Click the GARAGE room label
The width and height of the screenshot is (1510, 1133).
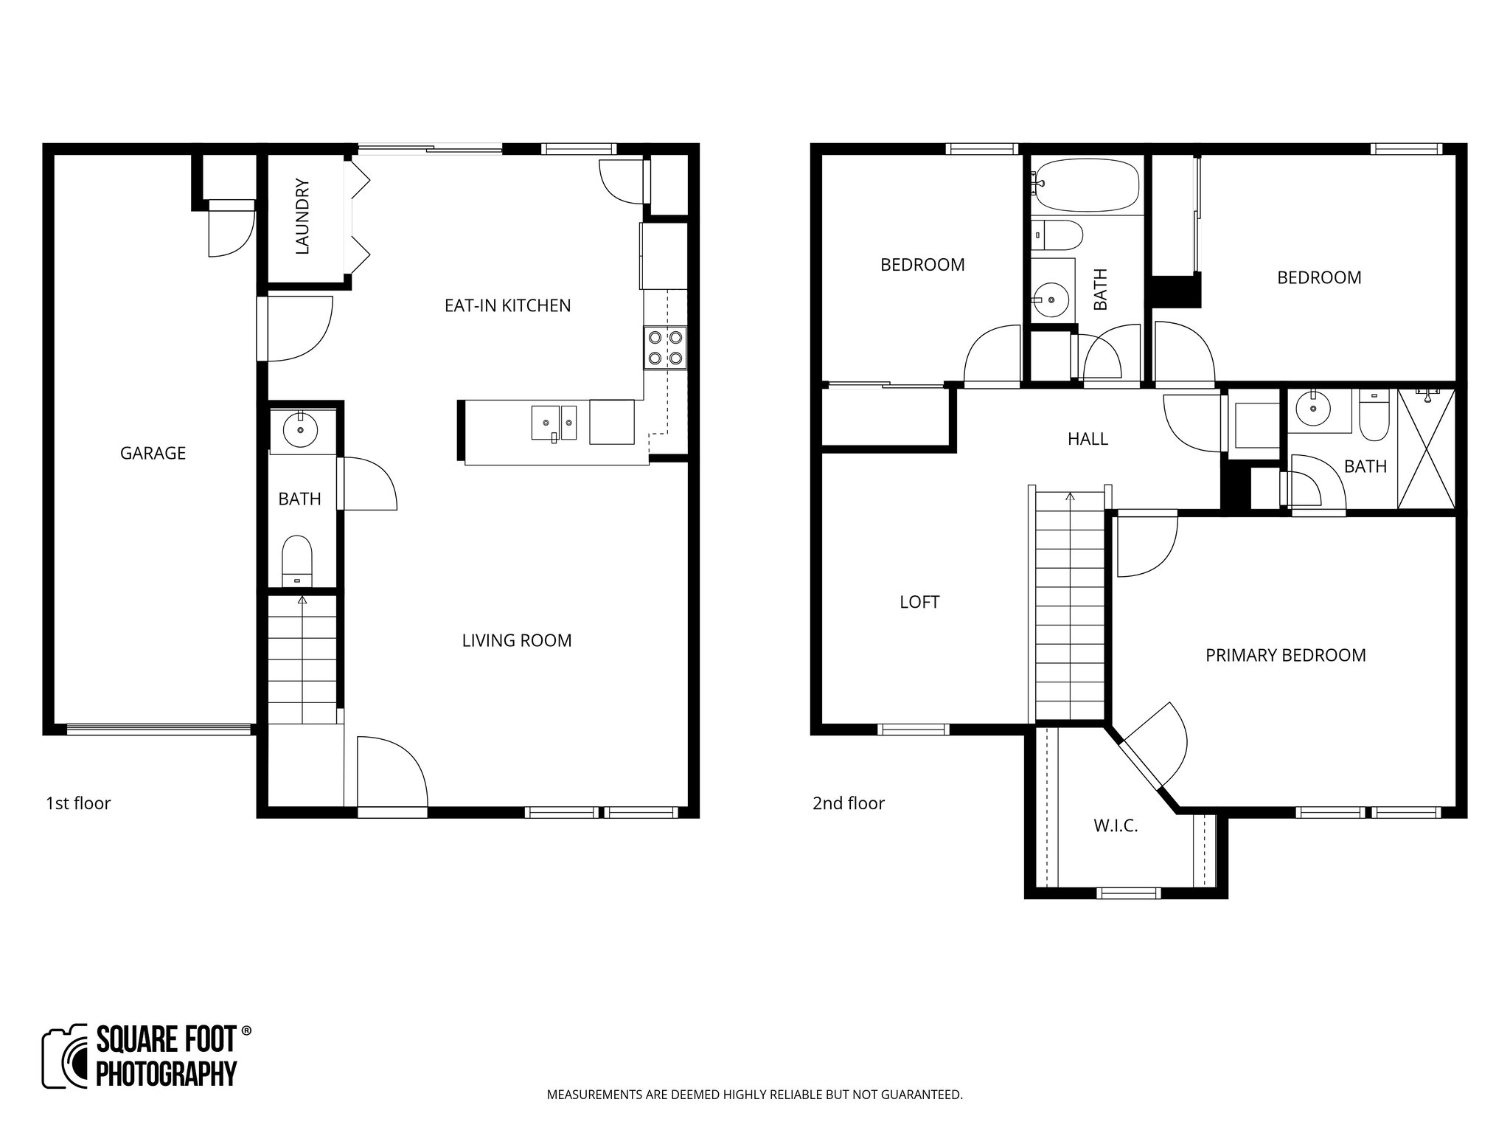pyautogui.click(x=153, y=453)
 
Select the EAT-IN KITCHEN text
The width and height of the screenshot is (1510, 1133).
pyautogui.click(x=507, y=305)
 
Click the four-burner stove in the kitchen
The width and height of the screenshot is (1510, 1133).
pyautogui.click(x=665, y=348)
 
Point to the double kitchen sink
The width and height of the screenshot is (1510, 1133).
pyautogui.click(x=554, y=423)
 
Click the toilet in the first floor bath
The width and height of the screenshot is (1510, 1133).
pyautogui.click(x=298, y=561)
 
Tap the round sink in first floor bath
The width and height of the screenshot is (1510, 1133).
pyautogui.click(x=300, y=429)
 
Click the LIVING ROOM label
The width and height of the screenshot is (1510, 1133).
pyautogui.click(x=516, y=640)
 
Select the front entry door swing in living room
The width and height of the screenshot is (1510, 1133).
pyautogui.click(x=391, y=771)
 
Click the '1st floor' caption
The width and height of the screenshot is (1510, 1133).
pyautogui.click(x=78, y=803)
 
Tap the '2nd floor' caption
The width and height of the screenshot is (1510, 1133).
pyautogui.click(x=848, y=803)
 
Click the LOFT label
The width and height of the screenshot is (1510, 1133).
pyautogui.click(x=919, y=602)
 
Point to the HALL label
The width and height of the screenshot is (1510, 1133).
pyautogui.click(x=1088, y=439)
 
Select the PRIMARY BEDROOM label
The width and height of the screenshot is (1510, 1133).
pyautogui.click(x=1285, y=655)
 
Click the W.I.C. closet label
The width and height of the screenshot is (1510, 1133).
pyautogui.click(x=1116, y=826)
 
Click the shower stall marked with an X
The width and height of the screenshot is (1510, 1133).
pyautogui.click(x=1427, y=448)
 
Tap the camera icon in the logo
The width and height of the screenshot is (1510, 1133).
pyautogui.click(x=65, y=1056)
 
